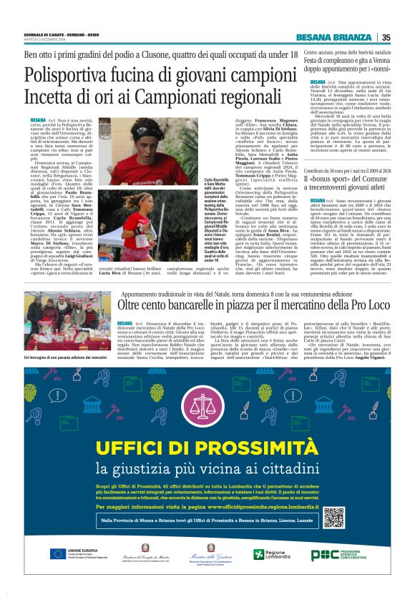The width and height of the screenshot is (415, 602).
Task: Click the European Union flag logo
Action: (x=59, y=554)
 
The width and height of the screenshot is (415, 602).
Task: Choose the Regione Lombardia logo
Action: (x=269, y=554)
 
